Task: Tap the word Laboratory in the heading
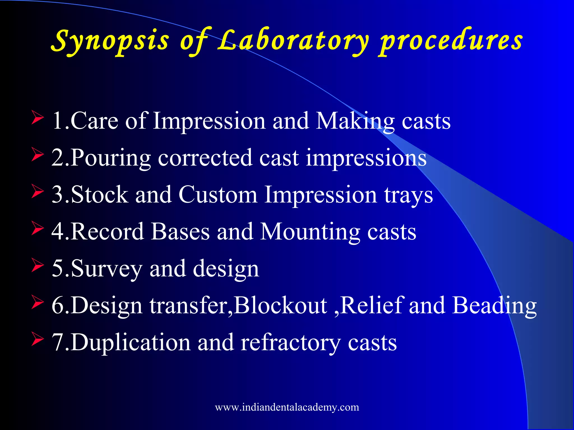pyautogui.click(x=293, y=41)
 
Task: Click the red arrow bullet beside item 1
pyautogui.click(x=37, y=117)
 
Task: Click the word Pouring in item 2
pyautogui.click(x=110, y=158)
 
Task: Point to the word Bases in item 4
pyautogui.click(x=180, y=232)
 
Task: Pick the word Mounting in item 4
pyautogui.click(x=310, y=232)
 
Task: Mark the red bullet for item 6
pyautogui.click(x=37, y=302)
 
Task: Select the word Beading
pyautogui.click(x=495, y=305)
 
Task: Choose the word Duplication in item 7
pyautogui.click(x=130, y=342)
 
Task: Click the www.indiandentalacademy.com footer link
pyautogui.click(x=287, y=407)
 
